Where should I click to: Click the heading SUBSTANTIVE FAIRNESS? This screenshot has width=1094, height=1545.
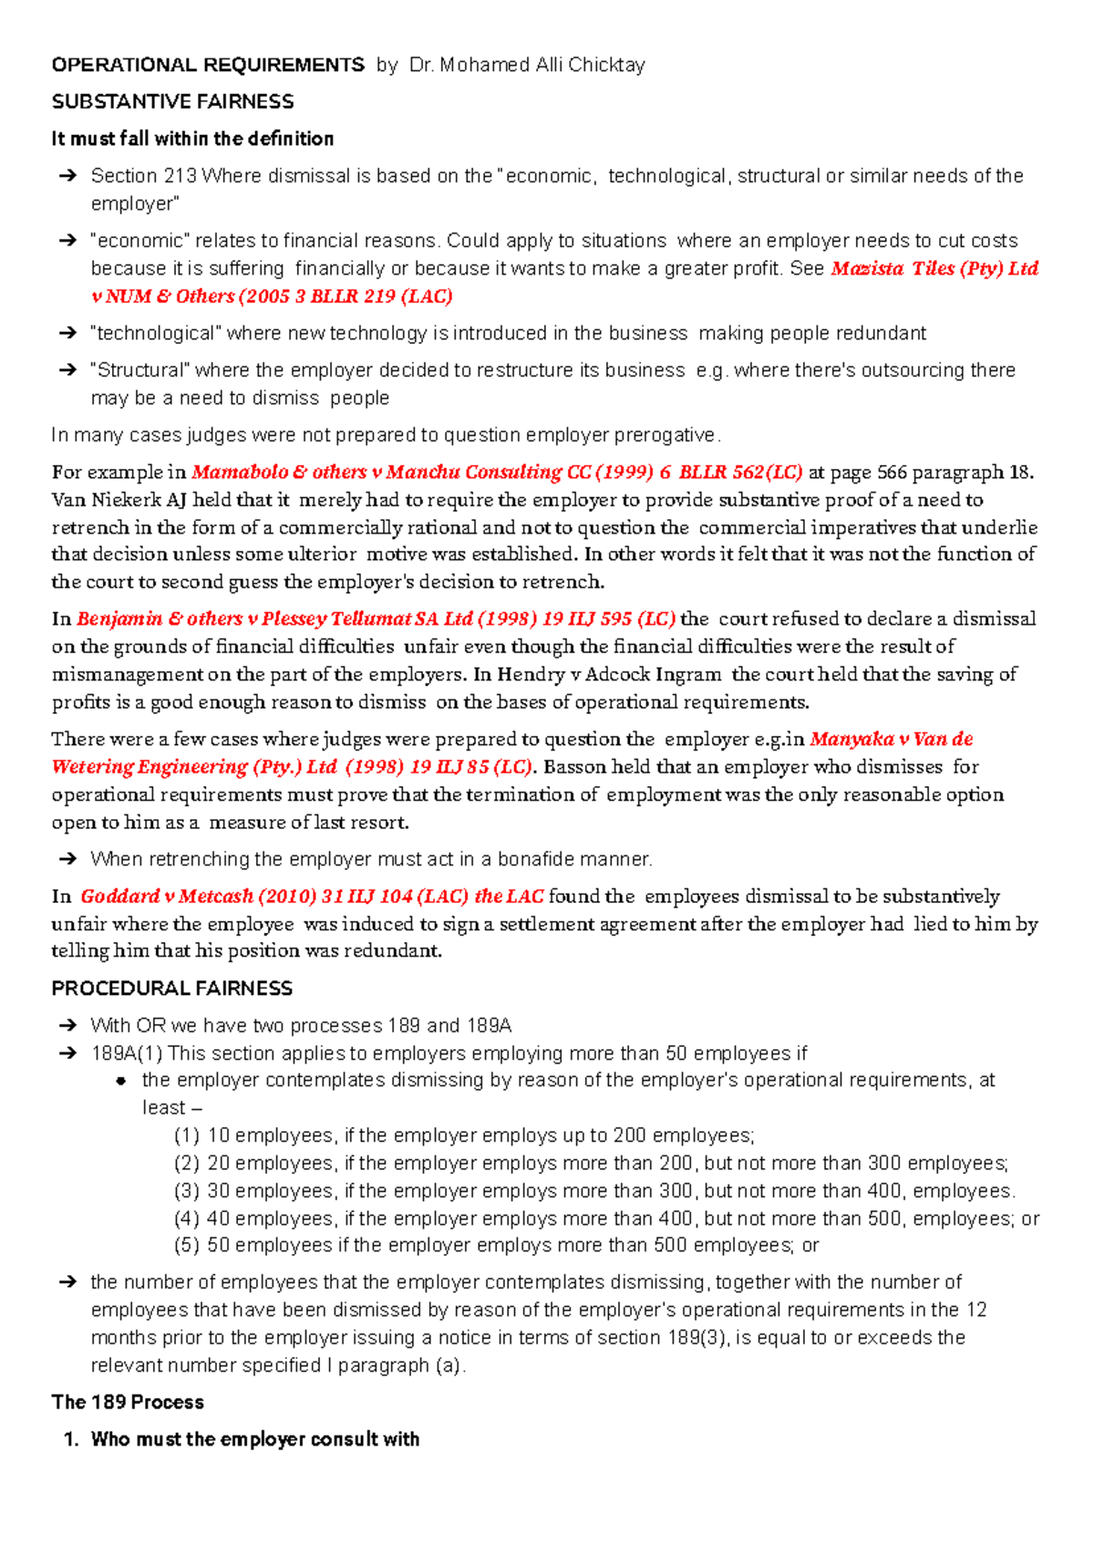click(x=172, y=101)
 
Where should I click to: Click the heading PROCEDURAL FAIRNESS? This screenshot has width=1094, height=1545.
click(x=171, y=989)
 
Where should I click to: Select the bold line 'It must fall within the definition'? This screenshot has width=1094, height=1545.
click(x=192, y=139)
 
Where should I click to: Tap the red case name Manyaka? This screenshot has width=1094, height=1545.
click(x=851, y=739)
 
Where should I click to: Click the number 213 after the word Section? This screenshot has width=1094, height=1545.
click(x=180, y=176)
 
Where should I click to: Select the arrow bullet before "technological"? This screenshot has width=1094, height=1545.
click(x=67, y=334)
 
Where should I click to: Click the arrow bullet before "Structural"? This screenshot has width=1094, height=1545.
click(x=67, y=370)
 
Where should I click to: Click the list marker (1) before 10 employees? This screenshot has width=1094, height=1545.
click(x=186, y=1135)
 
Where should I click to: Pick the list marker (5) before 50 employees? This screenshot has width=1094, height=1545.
click(x=186, y=1245)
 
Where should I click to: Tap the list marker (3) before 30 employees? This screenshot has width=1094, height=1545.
click(x=186, y=1191)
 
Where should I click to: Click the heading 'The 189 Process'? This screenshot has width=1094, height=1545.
click(x=128, y=1402)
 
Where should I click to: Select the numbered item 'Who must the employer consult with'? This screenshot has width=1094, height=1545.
click(x=254, y=1439)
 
